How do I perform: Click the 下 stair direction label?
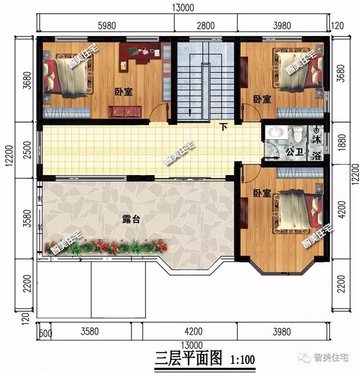point(223,127)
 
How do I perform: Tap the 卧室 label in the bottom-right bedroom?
point(262,193)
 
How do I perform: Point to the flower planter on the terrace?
point(107,246)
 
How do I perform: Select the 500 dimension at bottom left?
point(44,331)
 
